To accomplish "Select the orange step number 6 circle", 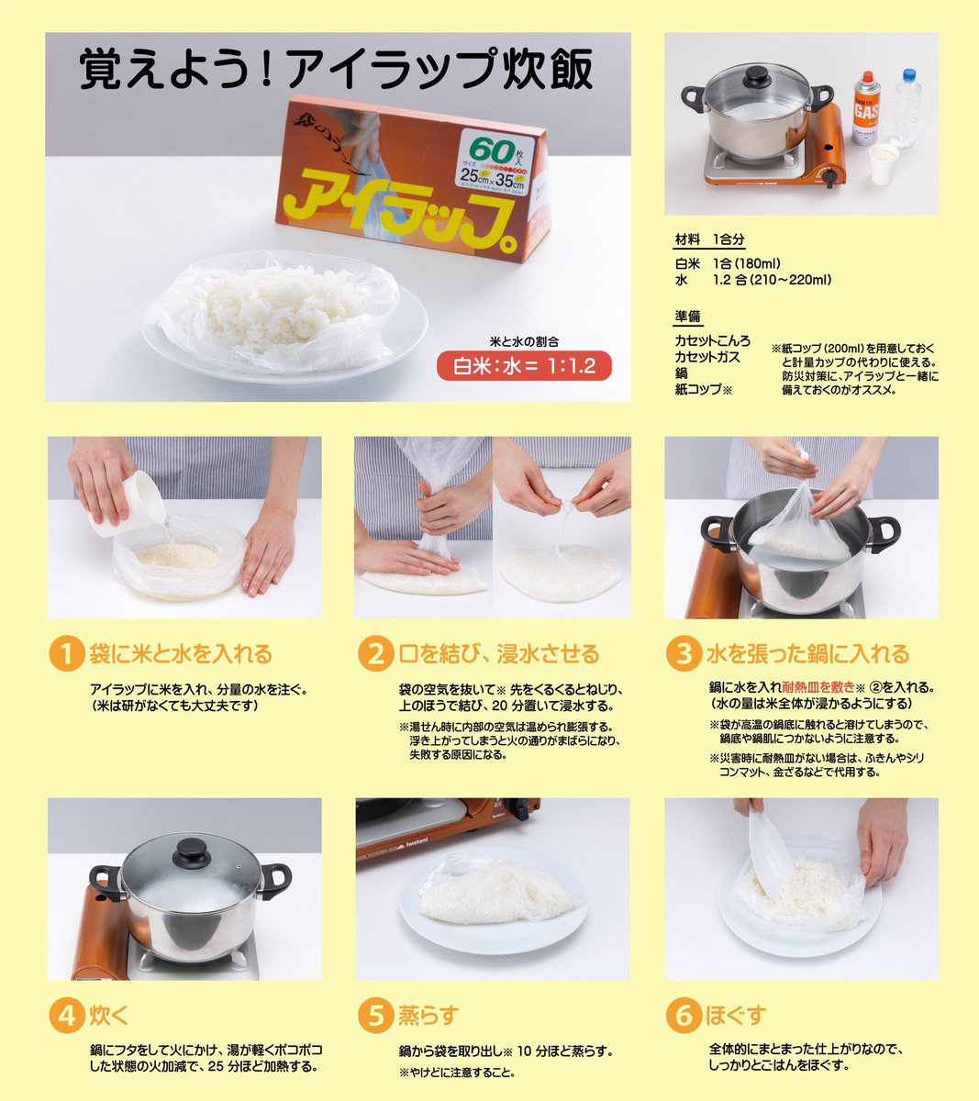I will click(683, 1016).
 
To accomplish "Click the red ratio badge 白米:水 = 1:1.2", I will click(524, 366).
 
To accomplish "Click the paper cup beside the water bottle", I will click(883, 165).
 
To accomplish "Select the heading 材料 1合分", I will click(709, 239).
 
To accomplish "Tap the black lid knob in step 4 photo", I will click(192, 849).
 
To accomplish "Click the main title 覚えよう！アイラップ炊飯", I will click(336, 72).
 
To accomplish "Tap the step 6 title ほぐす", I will click(735, 1016).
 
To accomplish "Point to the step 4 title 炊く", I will click(109, 1016).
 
